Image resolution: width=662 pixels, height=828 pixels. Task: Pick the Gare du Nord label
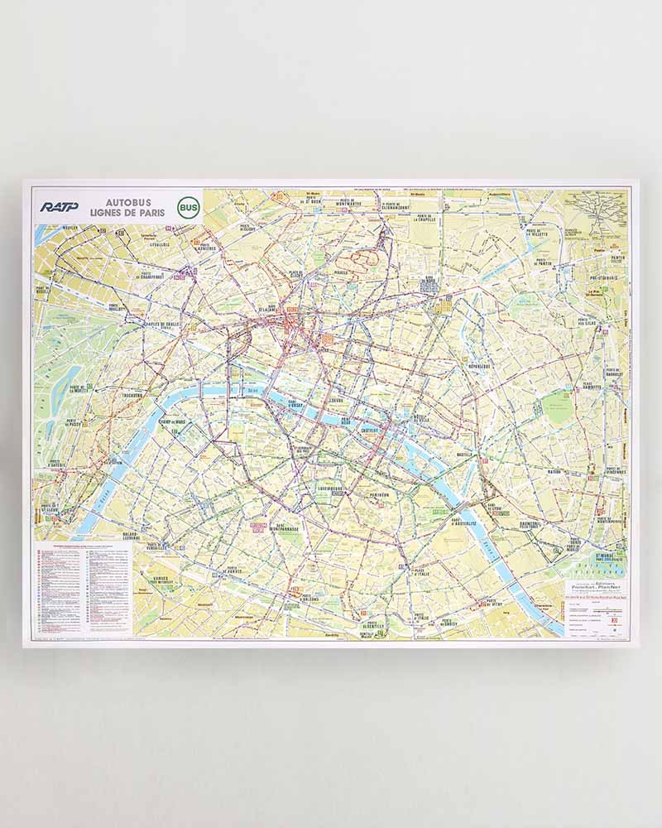coord(428,283)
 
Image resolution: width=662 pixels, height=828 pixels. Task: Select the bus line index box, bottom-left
coord(83,587)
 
